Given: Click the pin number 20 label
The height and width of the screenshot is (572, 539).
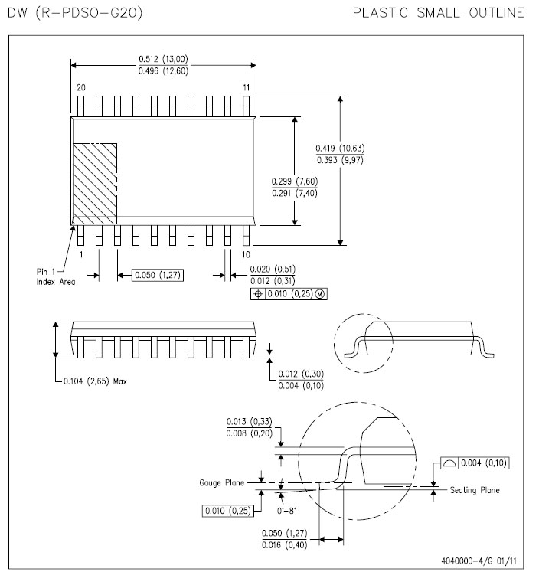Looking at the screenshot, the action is pyautogui.click(x=81, y=87).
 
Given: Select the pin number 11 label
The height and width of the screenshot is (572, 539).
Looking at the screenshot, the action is pyautogui.click(x=247, y=87).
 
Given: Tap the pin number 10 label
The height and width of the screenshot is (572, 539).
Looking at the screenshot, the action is pyautogui.click(x=247, y=254).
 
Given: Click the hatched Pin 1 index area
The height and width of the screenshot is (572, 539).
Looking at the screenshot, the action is pyautogui.click(x=95, y=184).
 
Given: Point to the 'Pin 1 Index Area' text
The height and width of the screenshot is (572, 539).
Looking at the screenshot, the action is pyautogui.click(x=56, y=276).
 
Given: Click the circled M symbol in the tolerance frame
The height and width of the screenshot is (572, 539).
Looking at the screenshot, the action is pyautogui.click(x=320, y=294).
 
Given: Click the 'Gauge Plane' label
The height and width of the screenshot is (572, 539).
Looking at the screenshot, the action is pyautogui.click(x=222, y=482).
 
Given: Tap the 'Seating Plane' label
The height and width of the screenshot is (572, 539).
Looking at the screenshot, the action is pyautogui.click(x=475, y=490).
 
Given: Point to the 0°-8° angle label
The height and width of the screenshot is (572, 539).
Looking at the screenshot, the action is pyautogui.click(x=286, y=510).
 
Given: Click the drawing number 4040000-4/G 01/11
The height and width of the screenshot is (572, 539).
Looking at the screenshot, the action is pyautogui.click(x=479, y=561).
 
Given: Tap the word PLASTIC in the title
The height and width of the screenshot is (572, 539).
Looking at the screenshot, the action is pyautogui.click(x=380, y=13).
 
